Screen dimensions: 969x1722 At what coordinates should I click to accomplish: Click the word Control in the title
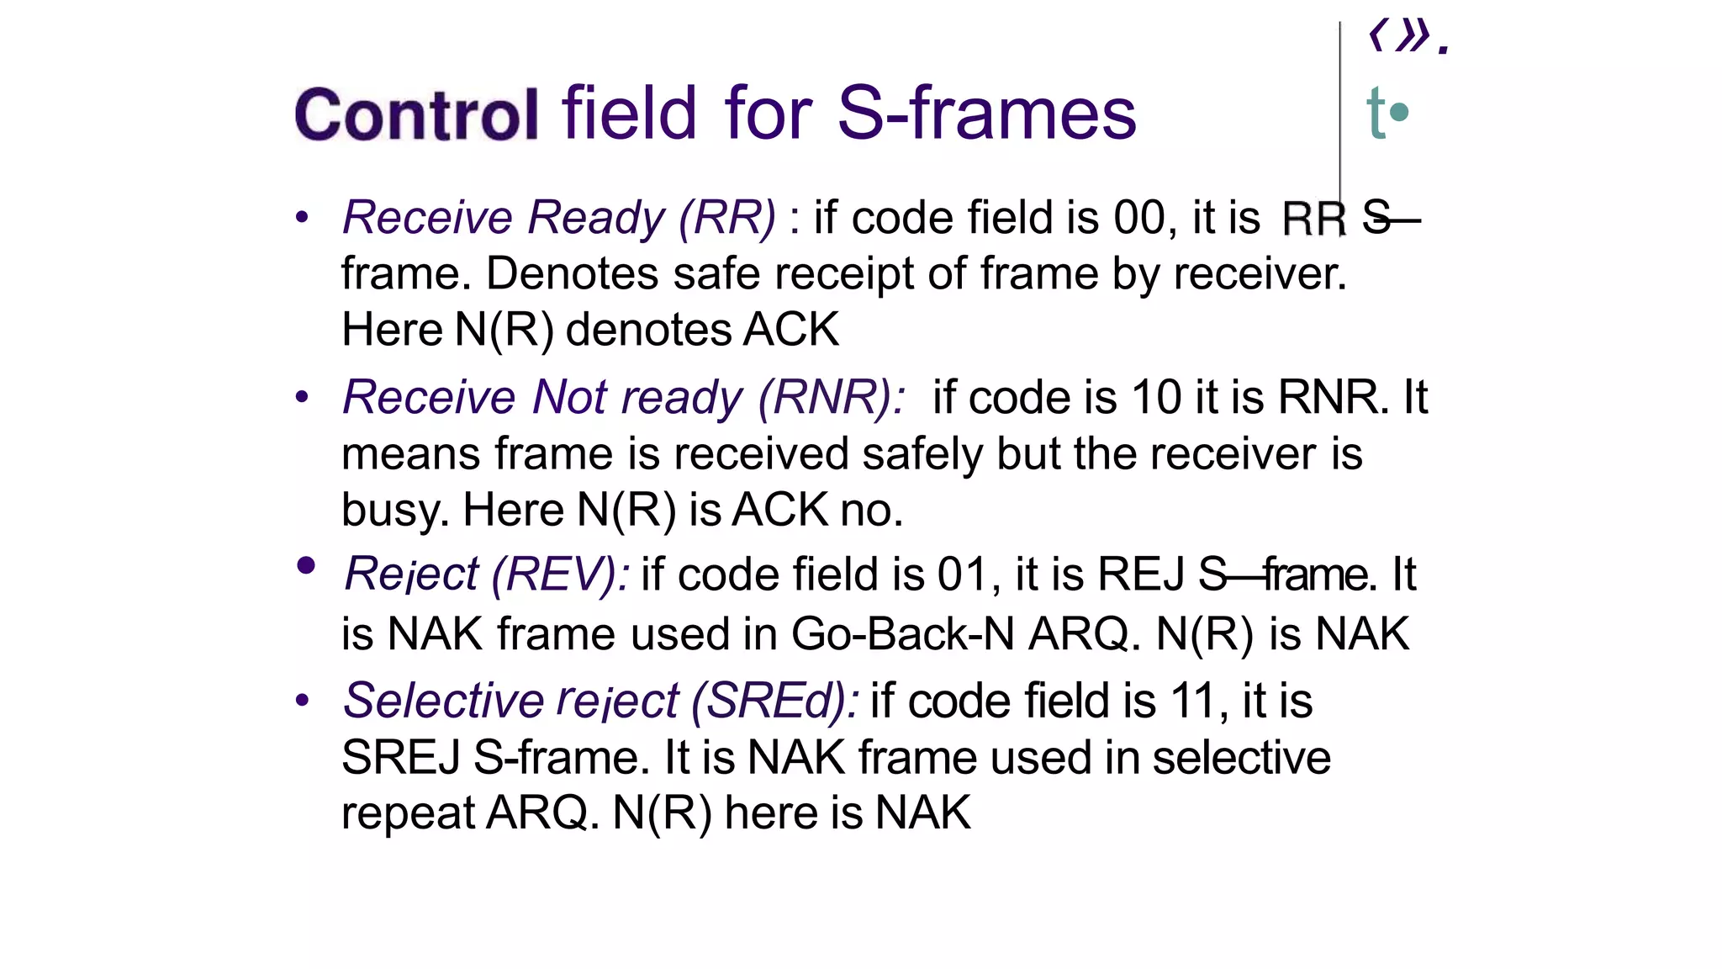416,114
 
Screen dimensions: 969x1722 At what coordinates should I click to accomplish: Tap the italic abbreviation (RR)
727,218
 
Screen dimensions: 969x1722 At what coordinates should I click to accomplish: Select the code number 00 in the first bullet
1139,218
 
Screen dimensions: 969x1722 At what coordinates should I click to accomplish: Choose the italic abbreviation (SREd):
774,701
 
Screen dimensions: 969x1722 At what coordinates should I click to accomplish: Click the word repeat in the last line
409,813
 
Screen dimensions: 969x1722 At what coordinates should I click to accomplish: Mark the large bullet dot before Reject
306,565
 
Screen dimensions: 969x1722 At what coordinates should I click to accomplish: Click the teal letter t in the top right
1376,113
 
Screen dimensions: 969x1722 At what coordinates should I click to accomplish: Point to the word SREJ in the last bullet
401,758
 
